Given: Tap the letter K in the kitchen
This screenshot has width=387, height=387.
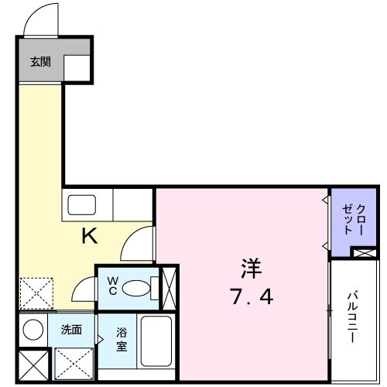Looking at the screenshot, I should click(x=90, y=237).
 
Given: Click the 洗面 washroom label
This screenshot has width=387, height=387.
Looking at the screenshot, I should click(x=71, y=330).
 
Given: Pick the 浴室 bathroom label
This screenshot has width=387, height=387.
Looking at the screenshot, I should click(x=122, y=340).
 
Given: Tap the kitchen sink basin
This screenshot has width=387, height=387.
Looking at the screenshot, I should click(x=80, y=205).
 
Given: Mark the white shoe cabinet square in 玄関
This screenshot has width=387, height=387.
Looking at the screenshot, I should click(x=77, y=69).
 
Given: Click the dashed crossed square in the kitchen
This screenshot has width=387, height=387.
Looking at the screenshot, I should click(x=35, y=295).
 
